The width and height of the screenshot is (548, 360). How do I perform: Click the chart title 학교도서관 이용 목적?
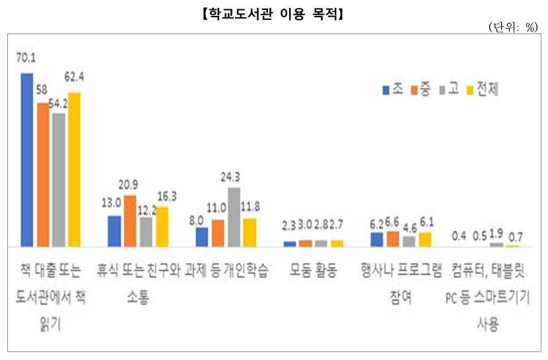(273, 13)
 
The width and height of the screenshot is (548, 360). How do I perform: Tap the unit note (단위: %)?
(513, 27)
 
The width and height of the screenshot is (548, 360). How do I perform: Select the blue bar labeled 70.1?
(27, 159)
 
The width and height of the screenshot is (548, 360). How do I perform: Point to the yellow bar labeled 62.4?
(75, 169)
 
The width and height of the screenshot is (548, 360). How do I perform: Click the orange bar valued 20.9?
(130, 221)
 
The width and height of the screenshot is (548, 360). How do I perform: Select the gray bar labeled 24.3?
(233, 217)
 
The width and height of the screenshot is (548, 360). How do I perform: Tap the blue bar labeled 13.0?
(114, 231)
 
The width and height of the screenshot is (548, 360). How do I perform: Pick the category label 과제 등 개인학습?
(228, 271)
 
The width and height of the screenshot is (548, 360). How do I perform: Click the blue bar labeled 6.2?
(376, 239)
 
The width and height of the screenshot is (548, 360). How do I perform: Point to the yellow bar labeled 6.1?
(425, 239)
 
